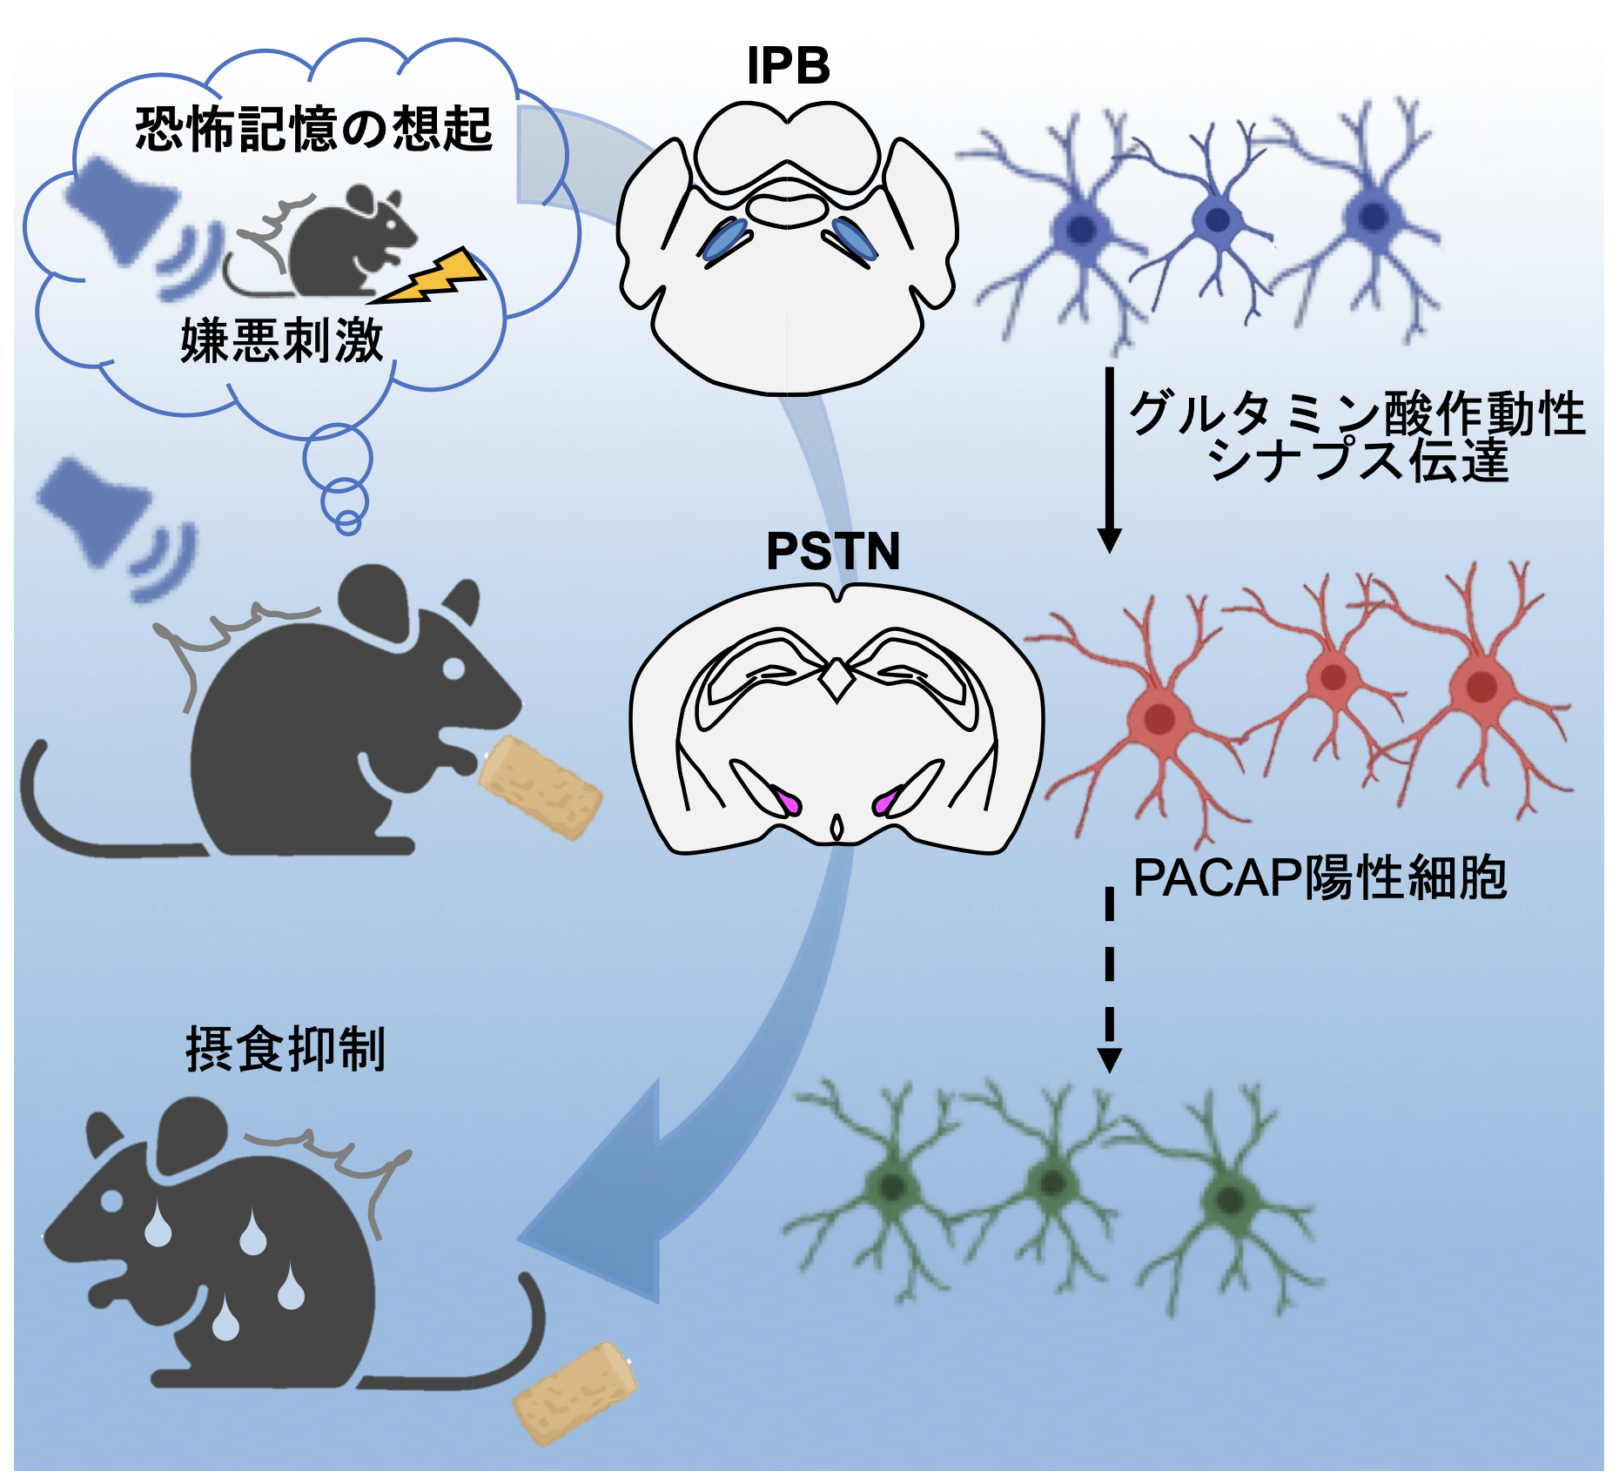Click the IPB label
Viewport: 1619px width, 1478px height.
[789, 66]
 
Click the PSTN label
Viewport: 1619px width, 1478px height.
[833, 551]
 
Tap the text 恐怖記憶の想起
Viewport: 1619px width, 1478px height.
[313, 131]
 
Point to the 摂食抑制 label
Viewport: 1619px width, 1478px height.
[286, 1049]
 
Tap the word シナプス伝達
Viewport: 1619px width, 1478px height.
[1358, 460]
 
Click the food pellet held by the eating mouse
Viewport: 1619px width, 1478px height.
[540, 786]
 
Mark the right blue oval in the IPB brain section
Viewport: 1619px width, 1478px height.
[855, 238]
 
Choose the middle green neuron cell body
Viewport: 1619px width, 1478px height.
[1053, 1182]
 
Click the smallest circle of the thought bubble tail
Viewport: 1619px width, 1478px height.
[348, 523]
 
